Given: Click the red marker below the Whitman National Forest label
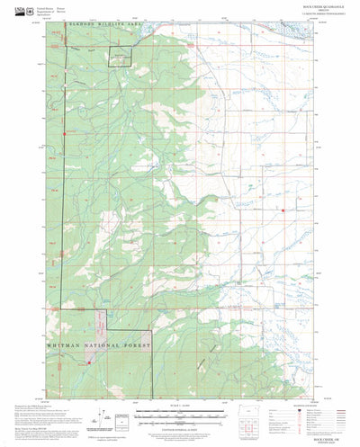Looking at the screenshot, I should click(x=88, y=362).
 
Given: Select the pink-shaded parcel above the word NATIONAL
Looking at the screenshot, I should click(x=93, y=324).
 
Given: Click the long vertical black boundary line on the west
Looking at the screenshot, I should click(x=62, y=225).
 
